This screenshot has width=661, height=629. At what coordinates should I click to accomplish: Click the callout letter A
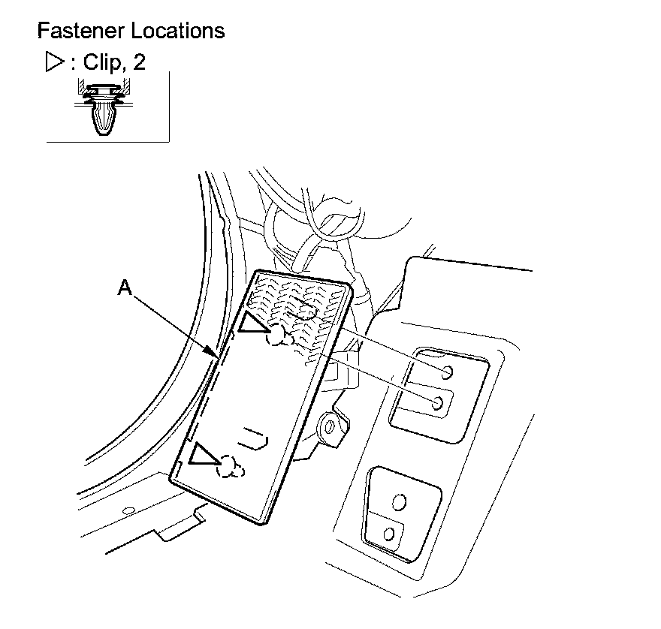(x=125, y=287)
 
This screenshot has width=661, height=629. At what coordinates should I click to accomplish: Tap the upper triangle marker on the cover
(x=252, y=323)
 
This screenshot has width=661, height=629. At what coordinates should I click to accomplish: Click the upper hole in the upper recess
(x=447, y=372)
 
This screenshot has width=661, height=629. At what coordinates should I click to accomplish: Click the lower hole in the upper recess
(x=436, y=404)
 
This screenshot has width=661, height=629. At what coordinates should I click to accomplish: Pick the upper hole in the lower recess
(x=399, y=501)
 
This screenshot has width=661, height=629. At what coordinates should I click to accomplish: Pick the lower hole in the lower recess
(x=389, y=534)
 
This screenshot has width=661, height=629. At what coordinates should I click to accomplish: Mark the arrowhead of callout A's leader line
(x=219, y=356)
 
